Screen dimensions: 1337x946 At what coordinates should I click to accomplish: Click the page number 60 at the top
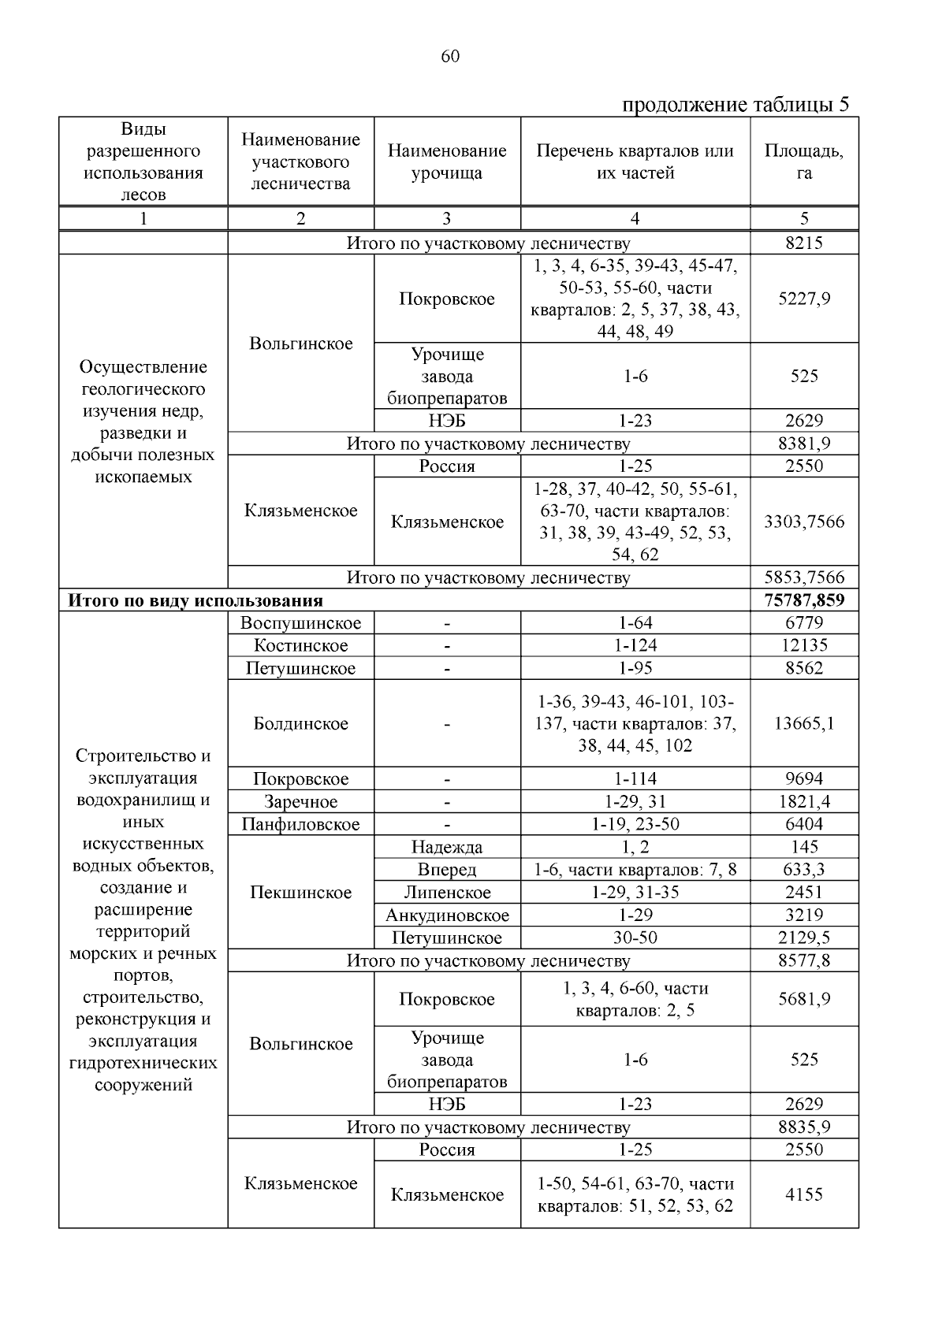click(450, 56)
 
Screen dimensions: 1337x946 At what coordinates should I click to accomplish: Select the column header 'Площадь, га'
click(803, 162)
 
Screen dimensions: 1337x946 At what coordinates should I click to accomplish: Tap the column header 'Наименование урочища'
click(446, 162)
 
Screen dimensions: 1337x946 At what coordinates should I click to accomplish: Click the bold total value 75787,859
click(804, 600)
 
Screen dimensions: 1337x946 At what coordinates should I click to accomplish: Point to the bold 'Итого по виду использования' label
click(196, 600)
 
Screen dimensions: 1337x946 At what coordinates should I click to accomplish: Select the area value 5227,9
click(804, 299)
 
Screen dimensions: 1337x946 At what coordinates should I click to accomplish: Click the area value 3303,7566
click(804, 522)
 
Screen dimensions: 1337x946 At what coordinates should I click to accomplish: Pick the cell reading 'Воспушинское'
click(300, 623)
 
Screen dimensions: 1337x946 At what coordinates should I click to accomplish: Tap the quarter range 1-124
click(635, 646)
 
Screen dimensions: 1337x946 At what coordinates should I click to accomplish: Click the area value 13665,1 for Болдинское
click(804, 723)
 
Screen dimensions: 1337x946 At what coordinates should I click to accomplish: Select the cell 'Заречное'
click(300, 802)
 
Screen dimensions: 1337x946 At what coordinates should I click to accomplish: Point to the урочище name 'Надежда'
click(447, 847)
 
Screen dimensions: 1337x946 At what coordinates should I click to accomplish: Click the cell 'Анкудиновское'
click(447, 915)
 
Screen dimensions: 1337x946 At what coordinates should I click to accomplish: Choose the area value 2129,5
click(804, 938)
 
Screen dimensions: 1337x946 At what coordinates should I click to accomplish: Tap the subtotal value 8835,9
click(804, 1127)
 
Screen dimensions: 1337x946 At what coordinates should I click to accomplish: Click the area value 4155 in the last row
click(804, 1194)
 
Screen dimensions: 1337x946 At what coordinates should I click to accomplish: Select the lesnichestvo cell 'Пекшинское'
click(300, 893)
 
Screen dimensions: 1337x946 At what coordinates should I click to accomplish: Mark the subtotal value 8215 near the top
click(804, 243)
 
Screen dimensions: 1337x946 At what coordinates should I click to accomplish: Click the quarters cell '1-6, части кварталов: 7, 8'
click(635, 870)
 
